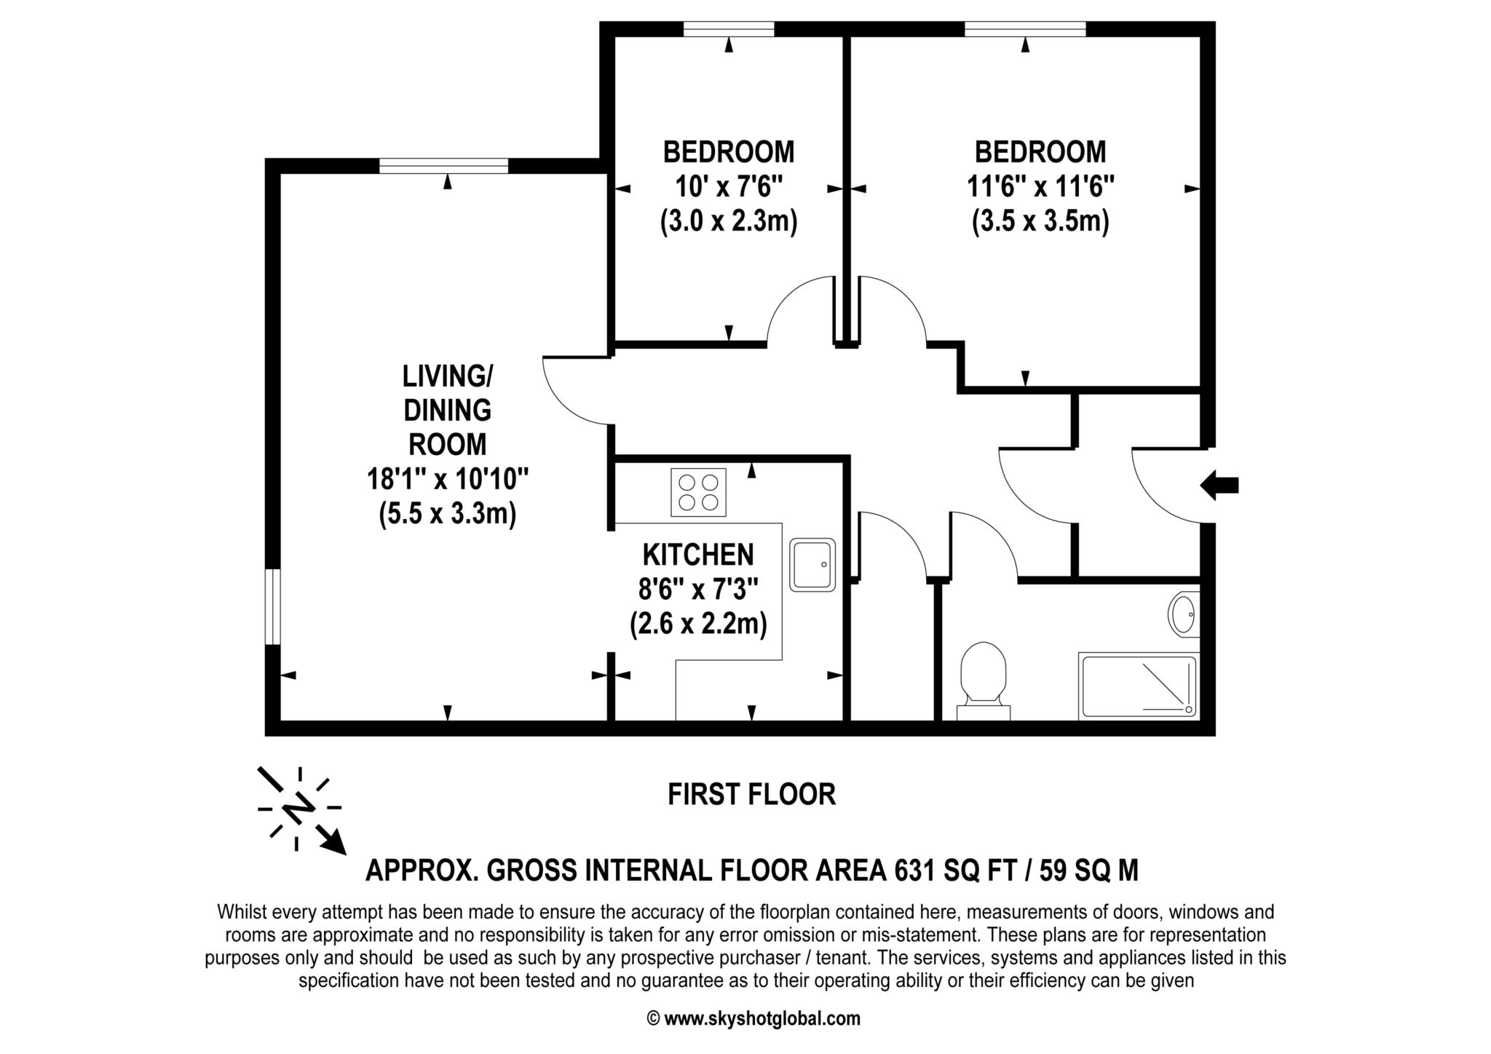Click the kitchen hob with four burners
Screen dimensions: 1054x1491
click(698, 492)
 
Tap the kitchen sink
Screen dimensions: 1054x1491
click(812, 565)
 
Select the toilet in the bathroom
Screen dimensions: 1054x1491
click(983, 678)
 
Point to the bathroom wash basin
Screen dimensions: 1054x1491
click(1183, 614)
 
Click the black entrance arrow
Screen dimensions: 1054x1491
click(1219, 485)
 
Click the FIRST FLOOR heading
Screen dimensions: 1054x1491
click(751, 794)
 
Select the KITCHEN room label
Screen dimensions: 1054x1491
click(697, 555)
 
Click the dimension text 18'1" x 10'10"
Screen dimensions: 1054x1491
click(447, 479)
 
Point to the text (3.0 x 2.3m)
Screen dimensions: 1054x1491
click(729, 221)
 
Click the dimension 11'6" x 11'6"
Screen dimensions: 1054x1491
click(1040, 186)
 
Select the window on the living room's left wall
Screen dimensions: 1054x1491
click(272, 606)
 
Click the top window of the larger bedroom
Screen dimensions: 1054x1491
click(1025, 29)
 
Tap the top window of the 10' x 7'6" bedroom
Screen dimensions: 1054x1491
click(728, 29)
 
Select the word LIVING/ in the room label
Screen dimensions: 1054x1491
click(447, 376)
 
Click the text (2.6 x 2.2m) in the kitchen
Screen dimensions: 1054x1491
click(697, 624)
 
